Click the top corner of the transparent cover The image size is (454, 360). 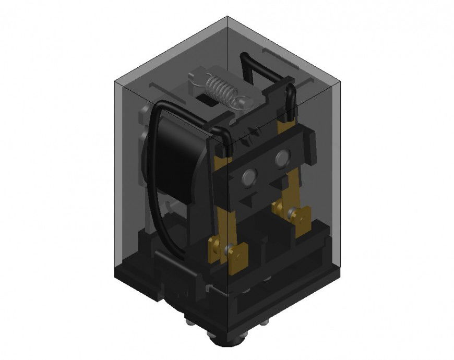228,17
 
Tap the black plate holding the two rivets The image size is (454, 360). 266,167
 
